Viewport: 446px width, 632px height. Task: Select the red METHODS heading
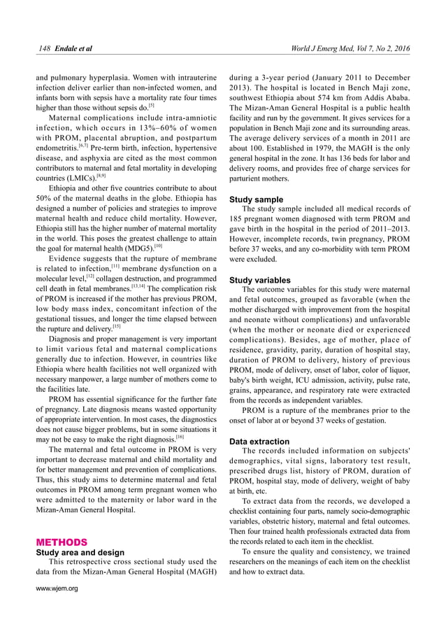click(62, 542)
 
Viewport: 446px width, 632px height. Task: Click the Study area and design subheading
click(75, 552)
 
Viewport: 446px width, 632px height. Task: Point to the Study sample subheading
click(257, 199)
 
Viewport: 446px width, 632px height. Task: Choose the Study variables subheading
click(260, 280)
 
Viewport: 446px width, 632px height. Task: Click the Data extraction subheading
click(259, 442)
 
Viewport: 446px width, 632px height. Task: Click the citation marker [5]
click(151, 106)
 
